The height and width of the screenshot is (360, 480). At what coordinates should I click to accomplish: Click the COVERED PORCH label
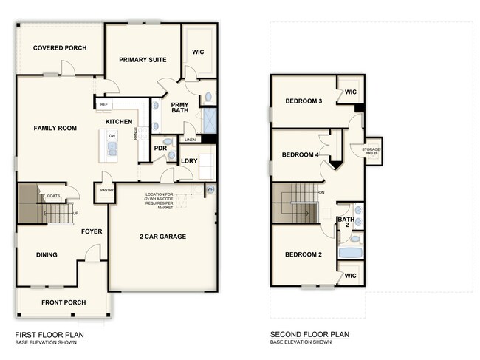click(x=60, y=48)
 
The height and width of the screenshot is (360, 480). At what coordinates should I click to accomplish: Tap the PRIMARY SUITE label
click(x=143, y=59)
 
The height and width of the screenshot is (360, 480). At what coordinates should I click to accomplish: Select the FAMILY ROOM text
click(x=55, y=129)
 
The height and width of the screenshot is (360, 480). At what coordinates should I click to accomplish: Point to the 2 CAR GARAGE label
click(x=162, y=237)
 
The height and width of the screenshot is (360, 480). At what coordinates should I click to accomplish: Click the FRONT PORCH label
click(x=64, y=302)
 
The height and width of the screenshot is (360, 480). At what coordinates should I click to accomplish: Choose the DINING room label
click(x=47, y=255)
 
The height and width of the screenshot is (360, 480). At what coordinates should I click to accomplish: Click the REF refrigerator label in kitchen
click(x=104, y=105)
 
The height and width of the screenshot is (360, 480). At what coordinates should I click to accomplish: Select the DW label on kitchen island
click(x=112, y=136)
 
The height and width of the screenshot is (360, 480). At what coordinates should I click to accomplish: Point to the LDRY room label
click(x=188, y=161)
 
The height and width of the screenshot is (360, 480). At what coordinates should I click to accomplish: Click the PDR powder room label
click(x=160, y=147)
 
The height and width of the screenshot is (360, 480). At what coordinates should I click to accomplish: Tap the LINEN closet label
click(x=190, y=139)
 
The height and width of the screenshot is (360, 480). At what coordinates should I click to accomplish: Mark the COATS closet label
click(x=53, y=196)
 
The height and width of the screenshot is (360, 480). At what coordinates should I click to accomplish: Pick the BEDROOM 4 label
click(x=301, y=154)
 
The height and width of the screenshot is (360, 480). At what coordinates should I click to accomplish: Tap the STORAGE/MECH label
click(x=371, y=152)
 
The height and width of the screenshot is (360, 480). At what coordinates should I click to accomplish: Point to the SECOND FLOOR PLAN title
click(x=309, y=334)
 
